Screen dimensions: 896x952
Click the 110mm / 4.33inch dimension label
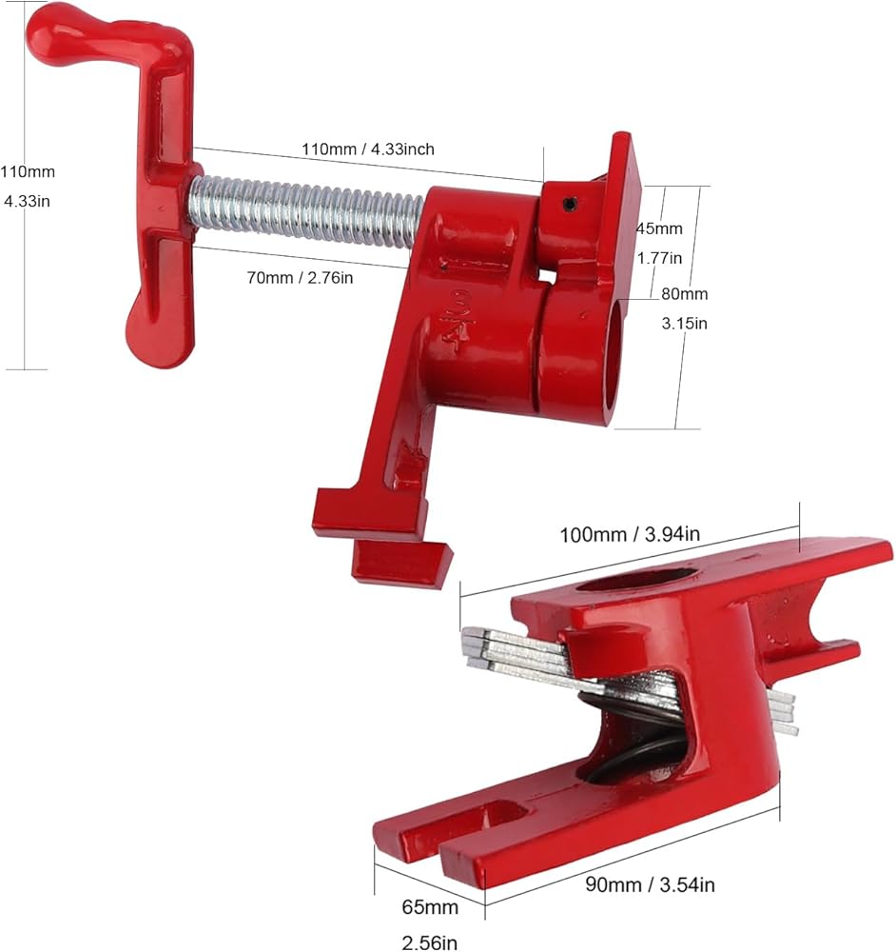368,149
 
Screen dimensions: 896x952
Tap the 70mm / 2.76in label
300,278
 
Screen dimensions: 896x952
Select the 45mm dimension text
659,228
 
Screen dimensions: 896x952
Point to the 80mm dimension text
684,294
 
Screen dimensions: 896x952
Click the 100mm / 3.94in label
629,535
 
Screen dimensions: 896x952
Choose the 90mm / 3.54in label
650,884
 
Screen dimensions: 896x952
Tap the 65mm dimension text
430,907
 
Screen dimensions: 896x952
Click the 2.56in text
430,942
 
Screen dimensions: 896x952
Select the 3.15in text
684,324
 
